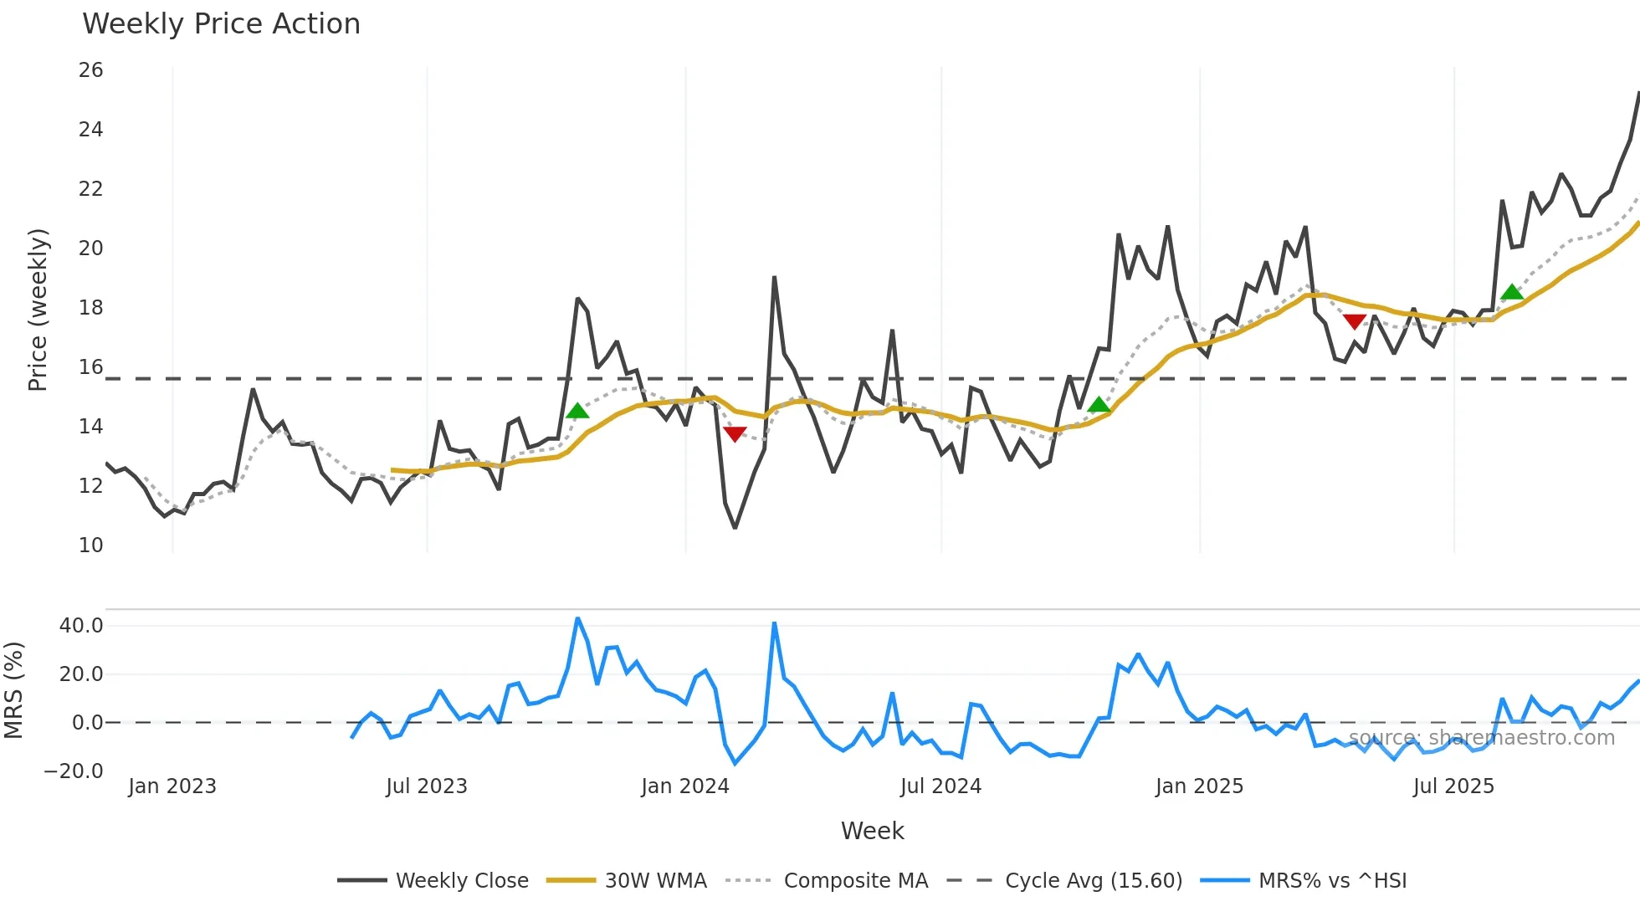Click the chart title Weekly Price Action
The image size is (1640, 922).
(221, 24)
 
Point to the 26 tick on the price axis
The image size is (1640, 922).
(91, 70)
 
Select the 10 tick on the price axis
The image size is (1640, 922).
(91, 546)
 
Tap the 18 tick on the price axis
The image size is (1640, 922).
(91, 308)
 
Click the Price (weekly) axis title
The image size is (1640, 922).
(38, 310)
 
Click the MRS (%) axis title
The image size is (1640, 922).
(13, 690)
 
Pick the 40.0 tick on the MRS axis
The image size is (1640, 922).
(81, 626)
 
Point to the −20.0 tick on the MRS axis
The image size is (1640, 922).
(74, 771)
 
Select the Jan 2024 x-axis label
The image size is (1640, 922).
(685, 786)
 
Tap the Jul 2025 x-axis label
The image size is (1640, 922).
(1453, 786)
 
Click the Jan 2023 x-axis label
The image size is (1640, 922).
(172, 786)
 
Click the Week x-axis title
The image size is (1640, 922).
(872, 831)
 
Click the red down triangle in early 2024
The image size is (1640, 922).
(735, 433)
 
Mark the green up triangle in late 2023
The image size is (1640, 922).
(577, 411)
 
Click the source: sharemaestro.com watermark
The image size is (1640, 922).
(1482, 738)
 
